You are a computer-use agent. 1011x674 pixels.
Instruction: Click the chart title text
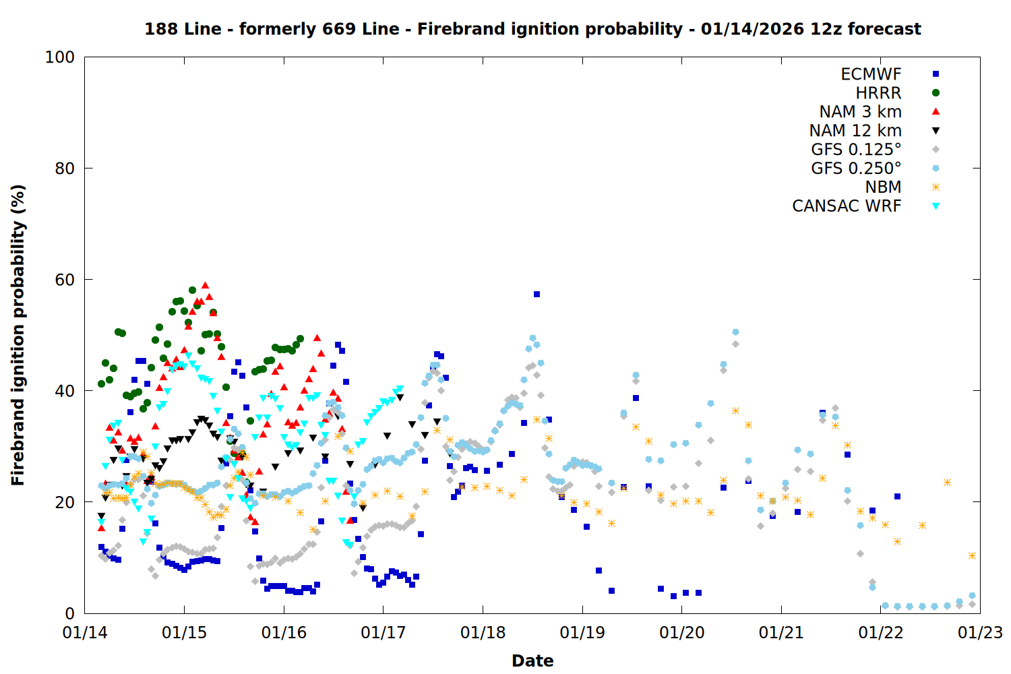(532, 29)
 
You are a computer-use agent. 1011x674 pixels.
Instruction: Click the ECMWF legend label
(871, 74)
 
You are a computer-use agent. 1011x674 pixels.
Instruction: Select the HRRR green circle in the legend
(936, 93)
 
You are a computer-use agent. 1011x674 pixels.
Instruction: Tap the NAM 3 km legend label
(860, 112)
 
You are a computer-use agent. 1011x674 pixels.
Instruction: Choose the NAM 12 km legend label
(855, 131)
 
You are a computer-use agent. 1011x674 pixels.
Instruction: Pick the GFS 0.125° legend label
(856, 150)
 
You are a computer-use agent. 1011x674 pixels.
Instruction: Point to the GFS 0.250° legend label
(856, 168)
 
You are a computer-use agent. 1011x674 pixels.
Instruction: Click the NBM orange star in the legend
(936, 187)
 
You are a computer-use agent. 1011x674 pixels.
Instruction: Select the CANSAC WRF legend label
(847, 206)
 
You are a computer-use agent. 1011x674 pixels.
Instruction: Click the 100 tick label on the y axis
(60, 57)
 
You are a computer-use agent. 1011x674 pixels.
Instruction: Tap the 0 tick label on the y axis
(69, 613)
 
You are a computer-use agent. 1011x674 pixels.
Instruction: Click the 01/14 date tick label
(85, 633)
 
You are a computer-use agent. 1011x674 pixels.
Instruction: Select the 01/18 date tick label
(483, 633)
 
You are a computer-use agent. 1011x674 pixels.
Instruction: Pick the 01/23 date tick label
(980, 633)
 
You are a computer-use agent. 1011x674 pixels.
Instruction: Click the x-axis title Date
(532, 661)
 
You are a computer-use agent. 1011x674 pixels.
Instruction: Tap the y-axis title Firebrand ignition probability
(18, 335)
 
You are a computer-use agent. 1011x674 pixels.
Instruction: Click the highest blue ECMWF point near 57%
(537, 295)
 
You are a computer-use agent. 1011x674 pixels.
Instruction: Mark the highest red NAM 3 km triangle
(206, 285)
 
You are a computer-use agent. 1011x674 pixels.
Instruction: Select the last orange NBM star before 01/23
(972, 556)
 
